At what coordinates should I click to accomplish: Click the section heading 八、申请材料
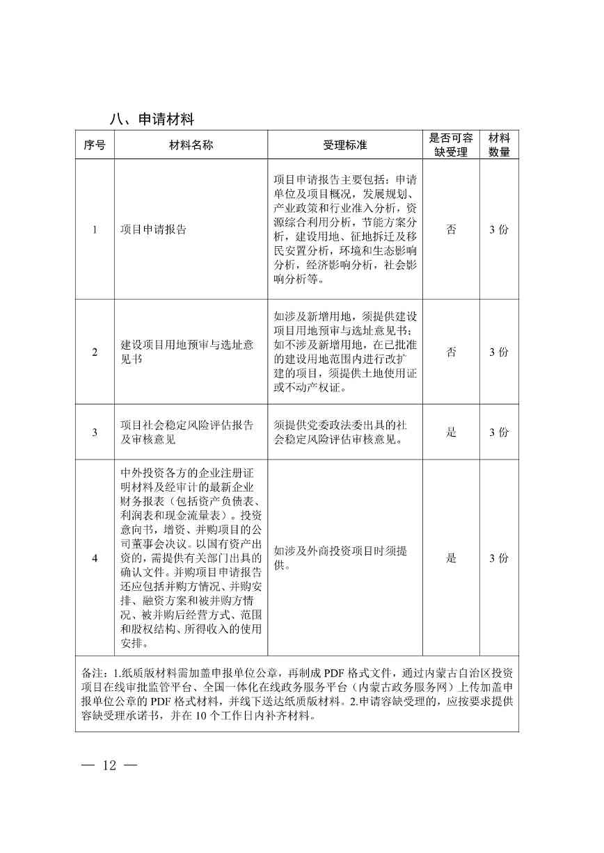(x=151, y=119)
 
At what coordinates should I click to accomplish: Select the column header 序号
(x=95, y=145)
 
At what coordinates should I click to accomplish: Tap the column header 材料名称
(x=191, y=145)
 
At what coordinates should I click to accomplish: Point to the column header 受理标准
(x=344, y=145)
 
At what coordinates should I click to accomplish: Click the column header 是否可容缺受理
(x=451, y=145)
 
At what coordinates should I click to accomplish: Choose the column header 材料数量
(x=499, y=145)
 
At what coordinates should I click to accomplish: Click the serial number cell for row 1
(x=95, y=230)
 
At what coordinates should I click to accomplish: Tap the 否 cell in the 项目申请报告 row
(x=451, y=230)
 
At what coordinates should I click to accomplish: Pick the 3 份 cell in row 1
(x=499, y=230)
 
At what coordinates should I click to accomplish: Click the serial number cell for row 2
(x=95, y=352)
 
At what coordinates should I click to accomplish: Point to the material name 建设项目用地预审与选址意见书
(x=186, y=352)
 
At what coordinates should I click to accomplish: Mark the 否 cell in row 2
(x=451, y=352)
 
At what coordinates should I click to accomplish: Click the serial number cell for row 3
(x=95, y=432)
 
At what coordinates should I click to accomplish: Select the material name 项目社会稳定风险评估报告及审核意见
(x=186, y=432)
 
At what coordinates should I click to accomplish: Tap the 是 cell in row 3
(x=451, y=432)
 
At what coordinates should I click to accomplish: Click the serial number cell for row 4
(x=95, y=558)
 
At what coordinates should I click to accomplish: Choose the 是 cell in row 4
(x=451, y=558)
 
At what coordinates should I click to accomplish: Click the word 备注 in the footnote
(x=92, y=673)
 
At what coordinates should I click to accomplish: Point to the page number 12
(x=109, y=765)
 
